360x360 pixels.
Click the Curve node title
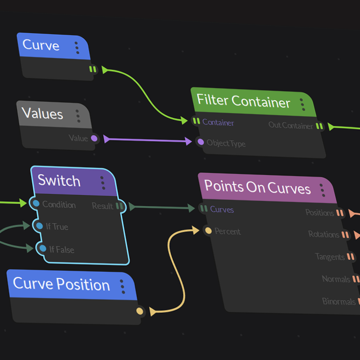pos(41,45)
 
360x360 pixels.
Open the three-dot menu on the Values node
pos(78,116)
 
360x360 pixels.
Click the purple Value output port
pos(94,139)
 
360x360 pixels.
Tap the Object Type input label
pos(226,143)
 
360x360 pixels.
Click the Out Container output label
pos(290,125)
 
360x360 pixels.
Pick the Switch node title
pos(59,181)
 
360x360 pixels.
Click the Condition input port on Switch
pos(35,203)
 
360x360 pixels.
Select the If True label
pos(57,227)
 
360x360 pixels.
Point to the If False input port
pos(43,248)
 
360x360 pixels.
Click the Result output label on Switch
pos(102,206)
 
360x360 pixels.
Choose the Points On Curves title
pos(257,187)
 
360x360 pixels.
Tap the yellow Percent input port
pos(207,231)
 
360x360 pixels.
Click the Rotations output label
pos(323,234)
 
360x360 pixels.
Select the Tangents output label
pos(329,256)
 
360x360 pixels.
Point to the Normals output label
pos(336,279)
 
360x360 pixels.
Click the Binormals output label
pos(339,301)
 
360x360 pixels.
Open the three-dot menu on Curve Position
pos(122,286)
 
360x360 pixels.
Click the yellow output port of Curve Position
pos(140,311)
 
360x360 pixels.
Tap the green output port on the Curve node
pos(92,69)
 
